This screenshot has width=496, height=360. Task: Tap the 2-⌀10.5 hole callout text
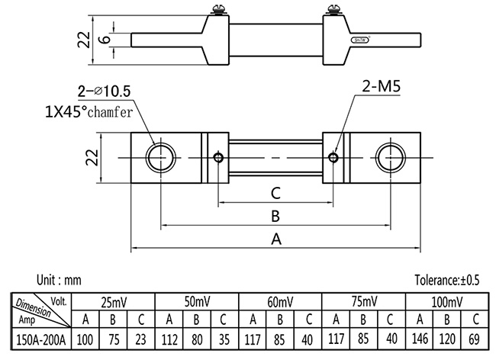[103, 91]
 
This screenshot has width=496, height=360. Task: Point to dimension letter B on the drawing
[275, 215]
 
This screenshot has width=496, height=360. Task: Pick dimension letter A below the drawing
[276, 239]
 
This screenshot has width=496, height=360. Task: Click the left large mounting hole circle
[160, 158]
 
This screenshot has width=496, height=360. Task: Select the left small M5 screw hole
[219, 158]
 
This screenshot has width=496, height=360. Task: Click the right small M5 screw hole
[333, 158]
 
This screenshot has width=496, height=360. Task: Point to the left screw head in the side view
[217, 12]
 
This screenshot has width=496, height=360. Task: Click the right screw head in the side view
[333, 12]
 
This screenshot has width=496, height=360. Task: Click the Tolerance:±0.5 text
[446, 280]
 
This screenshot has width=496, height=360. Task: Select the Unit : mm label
[59, 280]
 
